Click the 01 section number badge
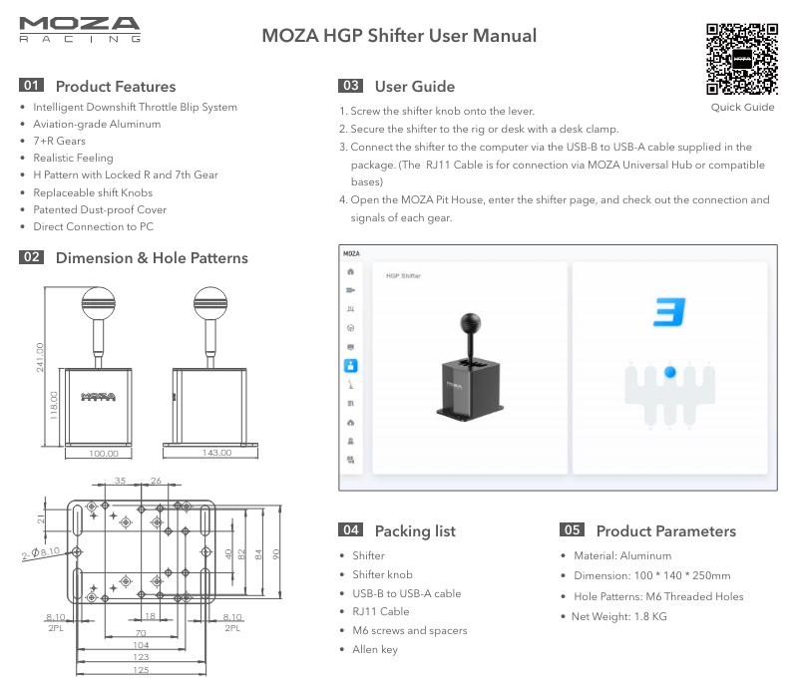coord(31,86)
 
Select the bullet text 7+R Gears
coord(60,142)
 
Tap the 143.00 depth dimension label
coord(216,452)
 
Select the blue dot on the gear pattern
coord(670,372)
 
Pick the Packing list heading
coord(414,530)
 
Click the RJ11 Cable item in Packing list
coord(380,611)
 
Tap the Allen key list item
coord(374,649)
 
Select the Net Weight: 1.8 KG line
coord(618,616)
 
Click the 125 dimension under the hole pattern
coord(141,670)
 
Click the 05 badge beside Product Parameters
coord(572,530)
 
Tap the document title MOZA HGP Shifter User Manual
coord(399,36)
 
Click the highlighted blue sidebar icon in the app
coord(350,366)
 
